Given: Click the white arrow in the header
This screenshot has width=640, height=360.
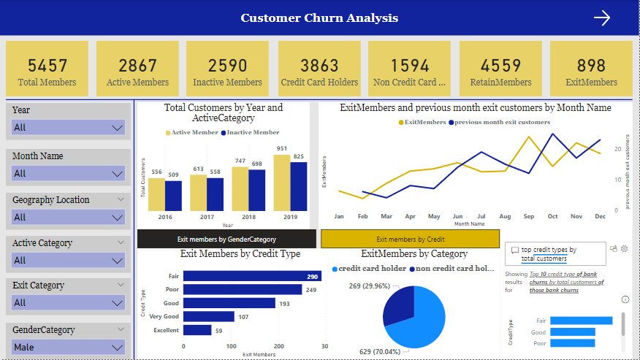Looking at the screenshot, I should click(601, 18).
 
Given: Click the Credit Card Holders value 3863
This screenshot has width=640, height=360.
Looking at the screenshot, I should click(319, 66).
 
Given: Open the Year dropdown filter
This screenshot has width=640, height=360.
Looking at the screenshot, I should click(68, 128).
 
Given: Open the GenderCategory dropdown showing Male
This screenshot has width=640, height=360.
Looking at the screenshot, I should click(68, 348).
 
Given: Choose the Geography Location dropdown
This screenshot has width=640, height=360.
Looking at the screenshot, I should click(68, 217).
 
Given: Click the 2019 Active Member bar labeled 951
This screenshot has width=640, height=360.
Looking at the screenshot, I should click(282, 183).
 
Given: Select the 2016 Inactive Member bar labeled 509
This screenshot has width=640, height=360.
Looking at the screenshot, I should click(173, 195).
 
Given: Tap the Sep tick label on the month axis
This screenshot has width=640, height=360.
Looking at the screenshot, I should click(528, 217).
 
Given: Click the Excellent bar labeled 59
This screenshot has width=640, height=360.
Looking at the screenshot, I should click(197, 331).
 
